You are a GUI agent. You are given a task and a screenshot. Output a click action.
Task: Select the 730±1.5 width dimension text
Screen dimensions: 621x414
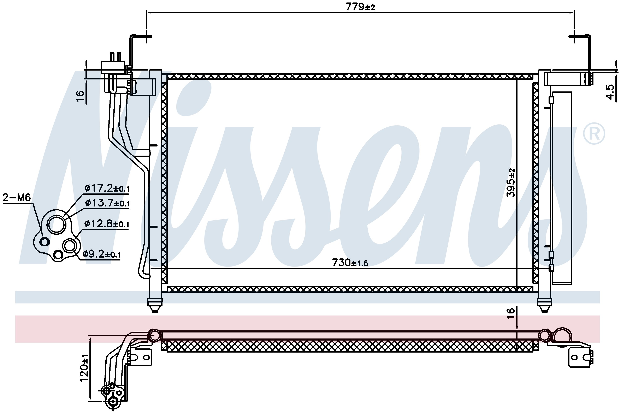[x=350, y=263]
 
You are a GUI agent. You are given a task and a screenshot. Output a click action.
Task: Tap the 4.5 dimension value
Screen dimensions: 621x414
[x=610, y=92]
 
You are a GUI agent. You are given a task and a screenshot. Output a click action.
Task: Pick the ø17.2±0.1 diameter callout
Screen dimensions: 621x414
[x=107, y=188]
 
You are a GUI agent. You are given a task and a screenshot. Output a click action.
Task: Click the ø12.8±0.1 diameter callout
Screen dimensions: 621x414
[x=107, y=224]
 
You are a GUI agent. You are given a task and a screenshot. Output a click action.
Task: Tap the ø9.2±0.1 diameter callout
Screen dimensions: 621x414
[x=102, y=254]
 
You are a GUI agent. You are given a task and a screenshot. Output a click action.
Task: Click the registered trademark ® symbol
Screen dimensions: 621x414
[x=594, y=133]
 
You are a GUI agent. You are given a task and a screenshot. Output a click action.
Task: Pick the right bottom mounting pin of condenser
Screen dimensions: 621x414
[x=545, y=306]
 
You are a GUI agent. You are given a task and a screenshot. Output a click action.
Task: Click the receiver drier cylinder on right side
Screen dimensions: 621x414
[x=562, y=188]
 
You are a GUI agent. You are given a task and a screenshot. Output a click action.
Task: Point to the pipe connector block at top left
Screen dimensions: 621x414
[x=113, y=67]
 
